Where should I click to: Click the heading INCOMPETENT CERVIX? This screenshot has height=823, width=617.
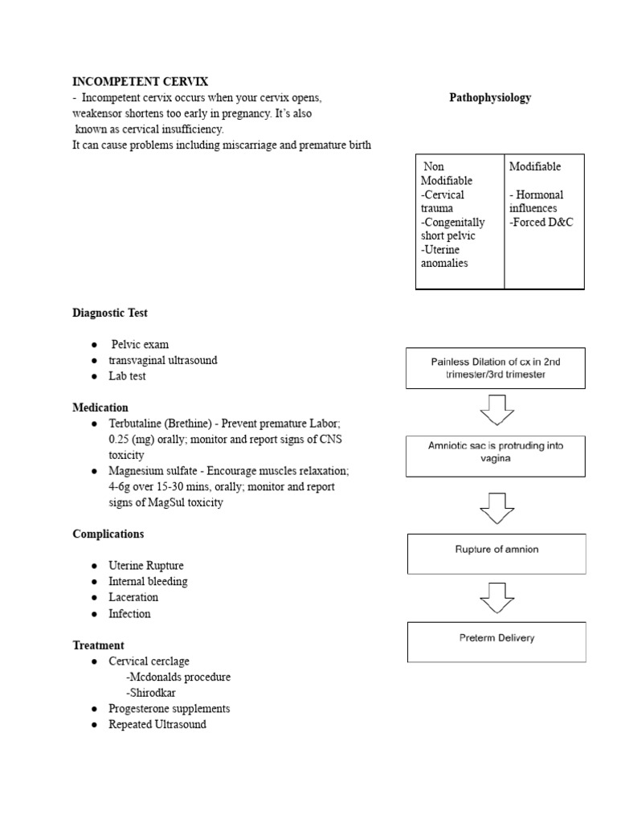tap(140, 82)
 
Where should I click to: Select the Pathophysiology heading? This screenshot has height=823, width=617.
tap(489, 98)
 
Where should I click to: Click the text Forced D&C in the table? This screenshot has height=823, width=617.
tap(541, 223)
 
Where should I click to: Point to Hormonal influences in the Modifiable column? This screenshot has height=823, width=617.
tap(536, 201)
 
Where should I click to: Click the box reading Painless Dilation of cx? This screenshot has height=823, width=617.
tap(496, 368)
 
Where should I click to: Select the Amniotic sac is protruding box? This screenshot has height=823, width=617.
tap(496, 457)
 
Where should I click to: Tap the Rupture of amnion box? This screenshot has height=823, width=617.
tap(496, 551)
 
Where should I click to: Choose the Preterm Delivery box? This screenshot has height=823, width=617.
tap(496, 640)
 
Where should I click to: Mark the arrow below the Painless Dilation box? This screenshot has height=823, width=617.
tap(496, 411)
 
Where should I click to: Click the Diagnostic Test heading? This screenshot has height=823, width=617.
tap(110, 313)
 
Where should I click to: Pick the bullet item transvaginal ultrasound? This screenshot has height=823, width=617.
tap(163, 360)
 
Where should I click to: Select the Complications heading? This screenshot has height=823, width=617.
tap(108, 534)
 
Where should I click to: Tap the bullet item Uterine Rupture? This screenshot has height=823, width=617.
tap(146, 566)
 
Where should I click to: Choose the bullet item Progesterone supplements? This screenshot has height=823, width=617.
tap(170, 709)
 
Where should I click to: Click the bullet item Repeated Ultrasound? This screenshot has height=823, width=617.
tap(157, 724)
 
